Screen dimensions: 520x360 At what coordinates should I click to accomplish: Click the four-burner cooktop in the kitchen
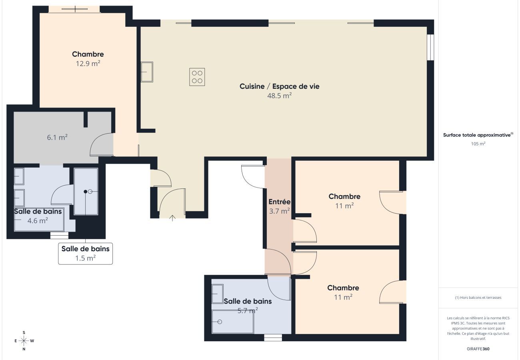click(x=197, y=77)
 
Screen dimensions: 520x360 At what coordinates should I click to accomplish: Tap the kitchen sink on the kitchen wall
click(x=147, y=72)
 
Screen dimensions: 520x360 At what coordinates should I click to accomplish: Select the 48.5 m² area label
click(x=280, y=96)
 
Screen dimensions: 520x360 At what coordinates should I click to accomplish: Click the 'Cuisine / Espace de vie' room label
click(x=280, y=86)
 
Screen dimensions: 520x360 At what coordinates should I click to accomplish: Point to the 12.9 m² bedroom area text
click(x=88, y=63)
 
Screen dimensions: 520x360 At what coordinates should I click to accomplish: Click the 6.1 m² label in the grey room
click(x=57, y=138)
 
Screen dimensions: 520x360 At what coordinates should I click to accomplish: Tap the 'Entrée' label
click(x=280, y=202)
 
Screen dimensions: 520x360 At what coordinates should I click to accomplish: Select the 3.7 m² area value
click(x=280, y=211)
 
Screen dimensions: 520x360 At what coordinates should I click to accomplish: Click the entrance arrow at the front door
click(x=172, y=218)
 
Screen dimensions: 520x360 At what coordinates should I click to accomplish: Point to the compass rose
click(x=24, y=341)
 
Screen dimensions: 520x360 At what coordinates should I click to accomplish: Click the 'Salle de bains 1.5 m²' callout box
click(x=86, y=254)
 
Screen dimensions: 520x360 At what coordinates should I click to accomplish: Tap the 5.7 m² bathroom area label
click(x=248, y=310)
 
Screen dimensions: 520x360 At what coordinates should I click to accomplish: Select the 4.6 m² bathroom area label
click(x=38, y=220)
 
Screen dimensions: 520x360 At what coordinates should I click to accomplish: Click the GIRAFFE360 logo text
click(x=478, y=349)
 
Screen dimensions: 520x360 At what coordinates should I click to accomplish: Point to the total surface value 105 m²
click(x=478, y=144)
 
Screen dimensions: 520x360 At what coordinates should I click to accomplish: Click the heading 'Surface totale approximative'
click(x=477, y=135)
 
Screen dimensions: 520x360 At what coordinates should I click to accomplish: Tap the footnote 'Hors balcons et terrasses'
click(x=478, y=298)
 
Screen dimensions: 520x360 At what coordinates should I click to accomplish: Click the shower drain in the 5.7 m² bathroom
click(x=220, y=322)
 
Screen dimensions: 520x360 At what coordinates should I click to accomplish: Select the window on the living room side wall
click(x=430, y=47)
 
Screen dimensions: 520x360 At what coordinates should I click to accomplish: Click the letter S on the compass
click(x=24, y=333)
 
